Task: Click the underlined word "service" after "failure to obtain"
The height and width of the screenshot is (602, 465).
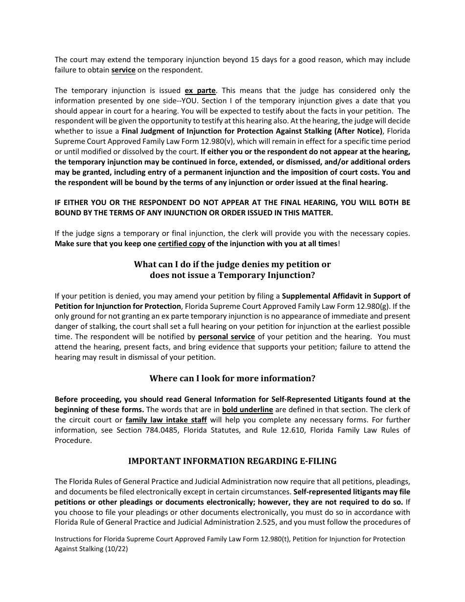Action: coord(123,70)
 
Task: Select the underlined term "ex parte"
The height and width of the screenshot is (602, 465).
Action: coord(200,91)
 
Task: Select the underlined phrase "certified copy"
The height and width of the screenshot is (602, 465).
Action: coord(182,244)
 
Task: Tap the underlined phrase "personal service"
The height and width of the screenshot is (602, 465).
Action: coord(226,337)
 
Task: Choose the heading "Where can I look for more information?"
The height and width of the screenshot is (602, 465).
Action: coord(232,378)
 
